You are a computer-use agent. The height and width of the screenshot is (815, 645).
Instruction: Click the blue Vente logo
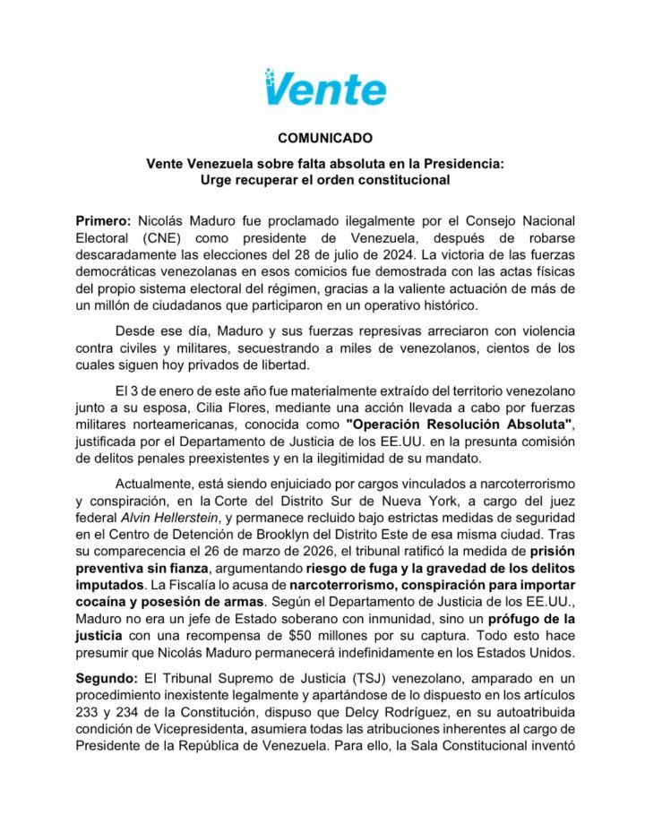[x=325, y=88]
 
